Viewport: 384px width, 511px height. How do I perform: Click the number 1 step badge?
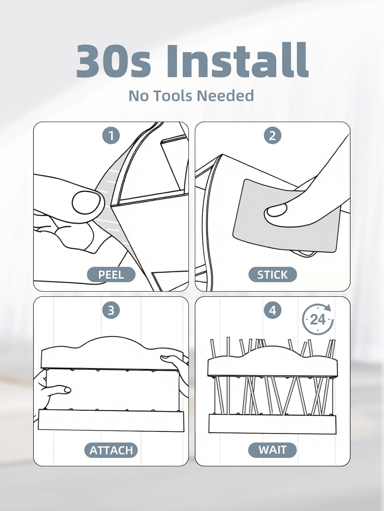111,136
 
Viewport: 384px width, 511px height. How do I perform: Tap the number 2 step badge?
272,136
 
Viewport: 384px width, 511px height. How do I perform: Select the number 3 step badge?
111,310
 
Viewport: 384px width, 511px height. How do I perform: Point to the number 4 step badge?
272,310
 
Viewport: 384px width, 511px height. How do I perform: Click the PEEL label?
111,275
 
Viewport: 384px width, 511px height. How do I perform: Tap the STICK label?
272,275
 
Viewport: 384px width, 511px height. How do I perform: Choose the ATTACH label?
111,450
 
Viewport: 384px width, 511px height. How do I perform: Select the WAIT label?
272,450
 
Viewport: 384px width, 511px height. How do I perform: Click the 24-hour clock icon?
318,320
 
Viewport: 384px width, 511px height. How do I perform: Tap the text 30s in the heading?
114,61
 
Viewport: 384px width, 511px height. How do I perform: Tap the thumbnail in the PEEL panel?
86,202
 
